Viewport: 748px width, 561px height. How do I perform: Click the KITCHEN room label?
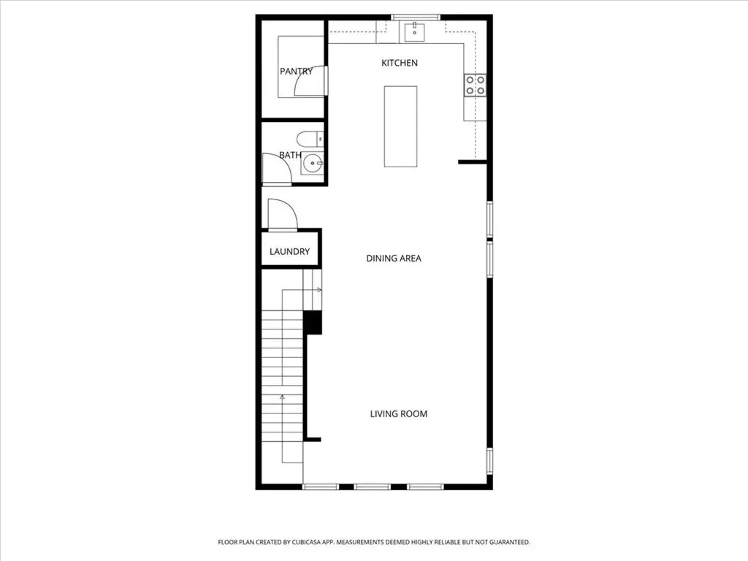[400, 63]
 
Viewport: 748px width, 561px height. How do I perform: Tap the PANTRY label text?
[296, 72]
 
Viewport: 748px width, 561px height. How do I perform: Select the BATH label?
[290, 155]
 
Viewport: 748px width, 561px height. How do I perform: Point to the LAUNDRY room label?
[289, 251]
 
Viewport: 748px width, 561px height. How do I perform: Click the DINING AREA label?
[394, 259]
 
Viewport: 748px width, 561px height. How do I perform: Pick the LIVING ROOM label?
[398, 414]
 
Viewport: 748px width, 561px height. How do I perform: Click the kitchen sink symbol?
[415, 31]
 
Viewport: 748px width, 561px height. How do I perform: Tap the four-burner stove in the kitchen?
[475, 85]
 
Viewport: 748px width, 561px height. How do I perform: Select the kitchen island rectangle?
[401, 126]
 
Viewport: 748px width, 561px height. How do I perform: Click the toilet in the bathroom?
[310, 140]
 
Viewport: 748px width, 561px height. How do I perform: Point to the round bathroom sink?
[313, 163]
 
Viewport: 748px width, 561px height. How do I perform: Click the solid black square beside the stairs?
[313, 322]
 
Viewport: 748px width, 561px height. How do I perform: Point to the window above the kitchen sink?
[416, 18]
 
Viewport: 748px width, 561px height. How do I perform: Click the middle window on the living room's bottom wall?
[373, 487]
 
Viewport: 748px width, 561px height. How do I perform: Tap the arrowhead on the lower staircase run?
[283, 397]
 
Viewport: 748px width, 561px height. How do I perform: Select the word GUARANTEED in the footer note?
[509, 543]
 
